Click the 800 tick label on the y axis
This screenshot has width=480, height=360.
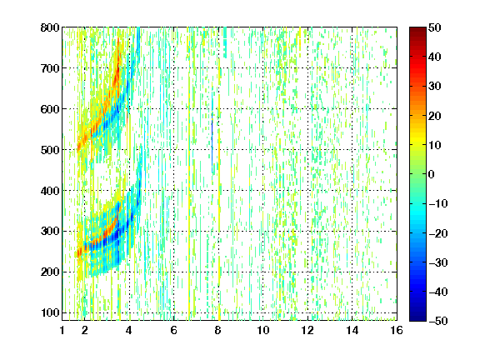[x=50, y=27]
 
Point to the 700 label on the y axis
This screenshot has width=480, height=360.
[x=50, y=68]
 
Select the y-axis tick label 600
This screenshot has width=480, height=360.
[x=50, y=109]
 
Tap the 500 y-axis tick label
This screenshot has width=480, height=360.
[x=50, y=150]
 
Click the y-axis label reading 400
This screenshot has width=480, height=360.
[x=50, y=191]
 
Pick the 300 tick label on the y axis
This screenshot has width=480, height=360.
[x=50, y=232]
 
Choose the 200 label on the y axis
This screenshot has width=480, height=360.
[x=50, y=272]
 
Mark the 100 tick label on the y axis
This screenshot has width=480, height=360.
[x=50, y=312]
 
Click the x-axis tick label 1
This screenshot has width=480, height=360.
[x=62, y=330]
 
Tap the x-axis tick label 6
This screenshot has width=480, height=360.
[x=174, y=330]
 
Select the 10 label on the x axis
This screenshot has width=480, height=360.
[x=263, y=330]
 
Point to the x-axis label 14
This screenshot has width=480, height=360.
[x=352, y=330]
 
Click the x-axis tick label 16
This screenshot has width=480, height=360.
[x=397, y=330]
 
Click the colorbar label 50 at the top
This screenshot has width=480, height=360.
[x=434, y=27]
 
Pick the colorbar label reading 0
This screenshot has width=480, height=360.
[x=432, y=174]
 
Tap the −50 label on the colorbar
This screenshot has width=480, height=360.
[x=437, y=321]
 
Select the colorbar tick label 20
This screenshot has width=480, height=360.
[x=434, y=116]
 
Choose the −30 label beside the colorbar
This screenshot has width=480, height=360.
[x=437, y=262]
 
